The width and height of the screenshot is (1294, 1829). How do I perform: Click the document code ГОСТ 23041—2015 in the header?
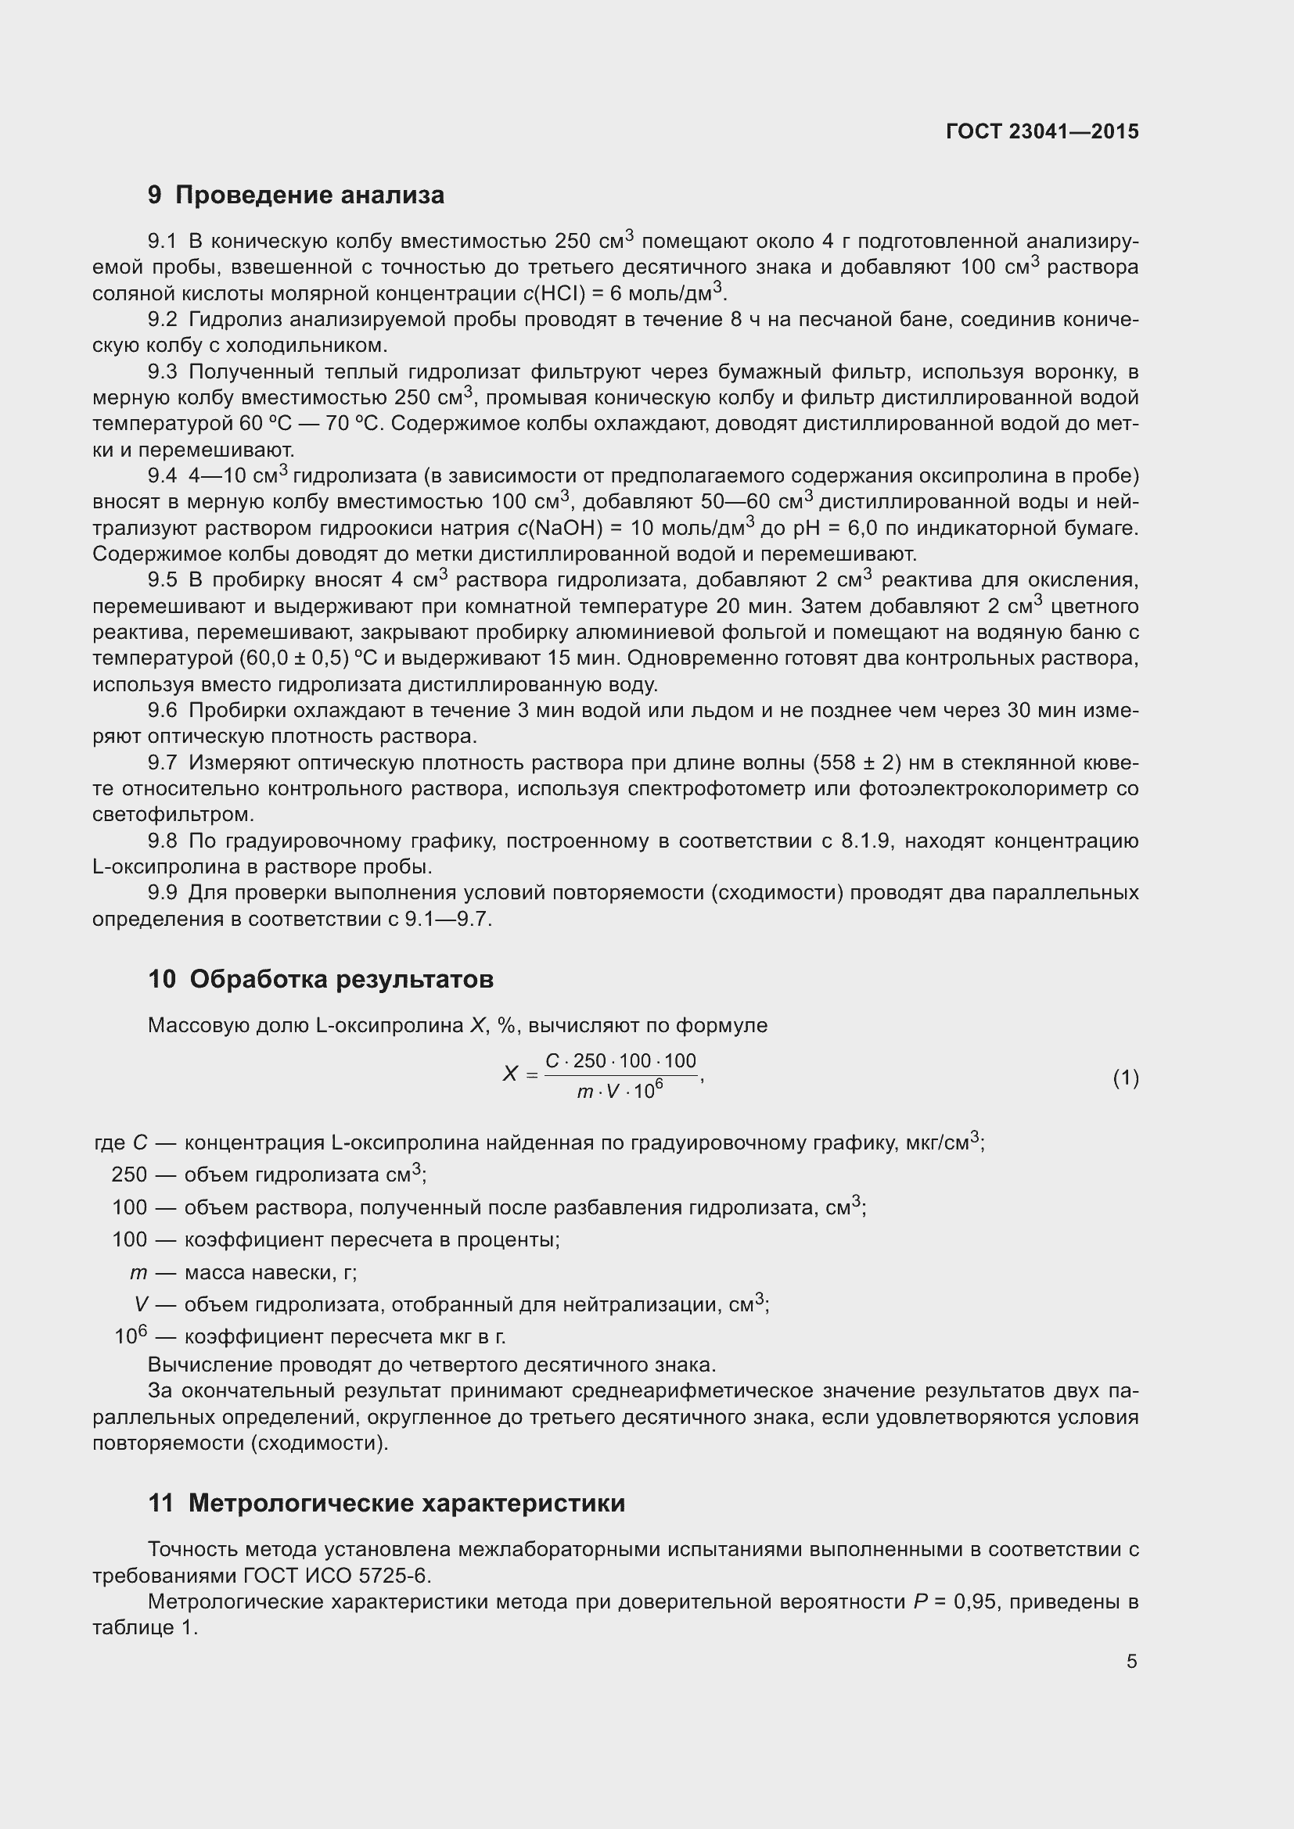click(x=1042, y=131)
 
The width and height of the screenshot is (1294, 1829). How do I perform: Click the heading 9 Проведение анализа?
click(x=296, y=195)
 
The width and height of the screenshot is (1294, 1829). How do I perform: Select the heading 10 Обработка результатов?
click(x=320, y=979)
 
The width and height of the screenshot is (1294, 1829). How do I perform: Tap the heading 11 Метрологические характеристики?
click(x=386, y=1503)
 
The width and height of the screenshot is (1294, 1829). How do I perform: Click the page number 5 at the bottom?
click(x=1131, y=1662)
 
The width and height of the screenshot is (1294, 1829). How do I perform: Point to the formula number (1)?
click(x=1125, y=1078)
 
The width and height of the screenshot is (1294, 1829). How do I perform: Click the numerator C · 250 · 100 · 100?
click(x=620, y=1061)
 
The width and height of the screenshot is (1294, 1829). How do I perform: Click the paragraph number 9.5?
click(x=163, y=580)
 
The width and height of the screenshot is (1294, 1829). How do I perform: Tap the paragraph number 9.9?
click(x=163, y=893)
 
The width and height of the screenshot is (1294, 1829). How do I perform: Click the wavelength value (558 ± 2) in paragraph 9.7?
click(x=857, y=763)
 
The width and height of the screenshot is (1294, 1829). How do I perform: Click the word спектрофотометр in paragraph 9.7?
click(x=760, y=790)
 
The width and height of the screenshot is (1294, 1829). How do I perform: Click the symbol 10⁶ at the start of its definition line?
click(x=131, y=1336)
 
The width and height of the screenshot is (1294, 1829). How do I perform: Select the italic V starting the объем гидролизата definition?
click(x=141, y=1304)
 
